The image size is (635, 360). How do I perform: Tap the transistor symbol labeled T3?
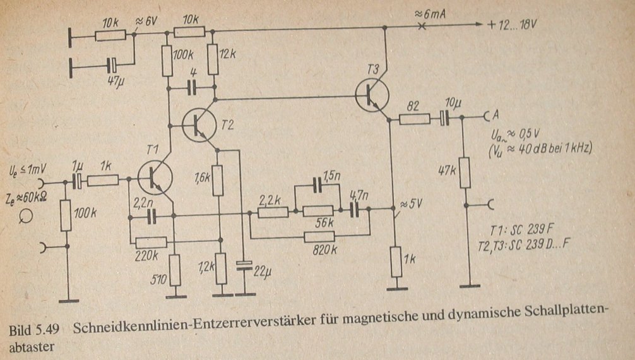(371, 93)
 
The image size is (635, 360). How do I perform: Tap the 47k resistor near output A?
(464, 172)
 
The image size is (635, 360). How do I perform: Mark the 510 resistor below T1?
(175, 270)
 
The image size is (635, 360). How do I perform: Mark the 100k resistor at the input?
(66, 215)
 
